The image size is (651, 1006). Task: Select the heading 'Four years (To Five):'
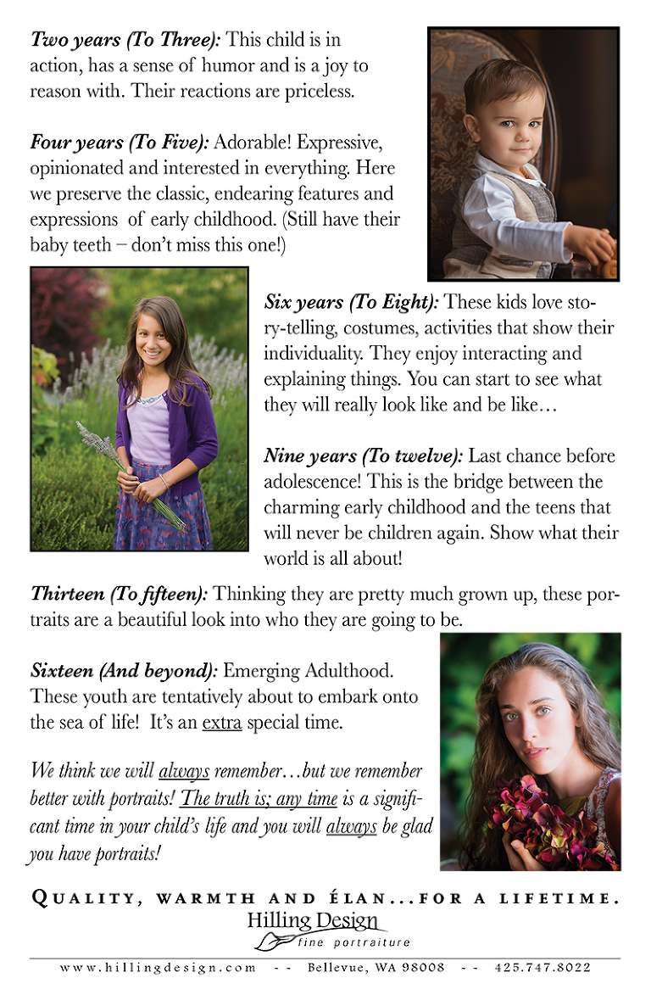click(120, 143)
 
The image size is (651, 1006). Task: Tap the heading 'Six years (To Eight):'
click(352, 301)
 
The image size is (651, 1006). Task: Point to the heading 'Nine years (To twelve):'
click(363, 455)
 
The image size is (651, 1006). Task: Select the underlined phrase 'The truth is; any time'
click(260, 798)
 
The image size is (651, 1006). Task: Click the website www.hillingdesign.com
click(158, 968)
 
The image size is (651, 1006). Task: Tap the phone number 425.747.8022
click(542, 968)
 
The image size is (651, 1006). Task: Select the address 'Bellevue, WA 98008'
click(376, 968)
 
